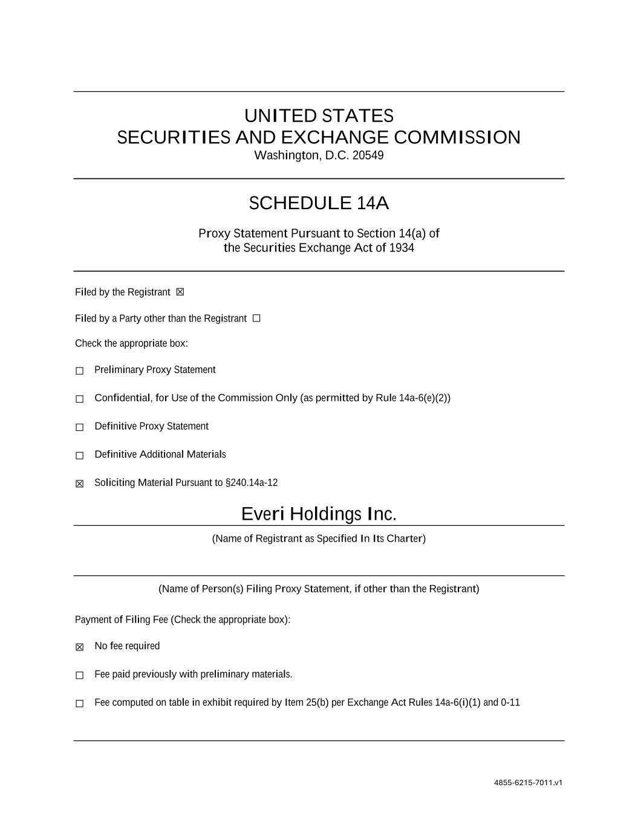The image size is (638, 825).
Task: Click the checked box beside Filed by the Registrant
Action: pyautogui.click(x=180, y=293)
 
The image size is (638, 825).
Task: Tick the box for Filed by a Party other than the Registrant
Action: pyautogui.click(x=256, y=319)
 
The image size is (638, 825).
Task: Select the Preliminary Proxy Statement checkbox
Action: pyautogui.click(x=79, y=370)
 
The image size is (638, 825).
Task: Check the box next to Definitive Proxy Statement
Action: pyautogui.click(x=79, y=427)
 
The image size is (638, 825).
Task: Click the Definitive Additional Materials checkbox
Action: pyautogui.click(x=79, y=455)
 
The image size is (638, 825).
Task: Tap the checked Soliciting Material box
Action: pyautogui.click(x=79, y=484)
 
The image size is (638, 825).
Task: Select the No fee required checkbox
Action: pyautogui.click(x=79, y=647)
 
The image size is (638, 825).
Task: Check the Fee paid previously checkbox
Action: pyautogui.click(x=79, y=675)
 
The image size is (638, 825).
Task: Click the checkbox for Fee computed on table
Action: pyautogui.click(x=79, y=704)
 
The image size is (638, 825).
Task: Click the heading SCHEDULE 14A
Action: pyautogui.click(x=319, y=203)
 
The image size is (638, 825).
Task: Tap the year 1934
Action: pyautogui.click(x=402, y=248)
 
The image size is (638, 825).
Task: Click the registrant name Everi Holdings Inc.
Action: pyautogui.click(x=319, y=514)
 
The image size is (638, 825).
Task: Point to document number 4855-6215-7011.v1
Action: pyautogui.click(x=528, y=783)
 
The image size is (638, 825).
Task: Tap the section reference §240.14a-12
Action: pyautogui.click(x=252, y=483)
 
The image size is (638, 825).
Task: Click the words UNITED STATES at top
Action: pyautogui.click(x=319, y=115)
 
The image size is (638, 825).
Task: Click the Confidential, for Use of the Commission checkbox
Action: pyautogui.click(x=79, y=399)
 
